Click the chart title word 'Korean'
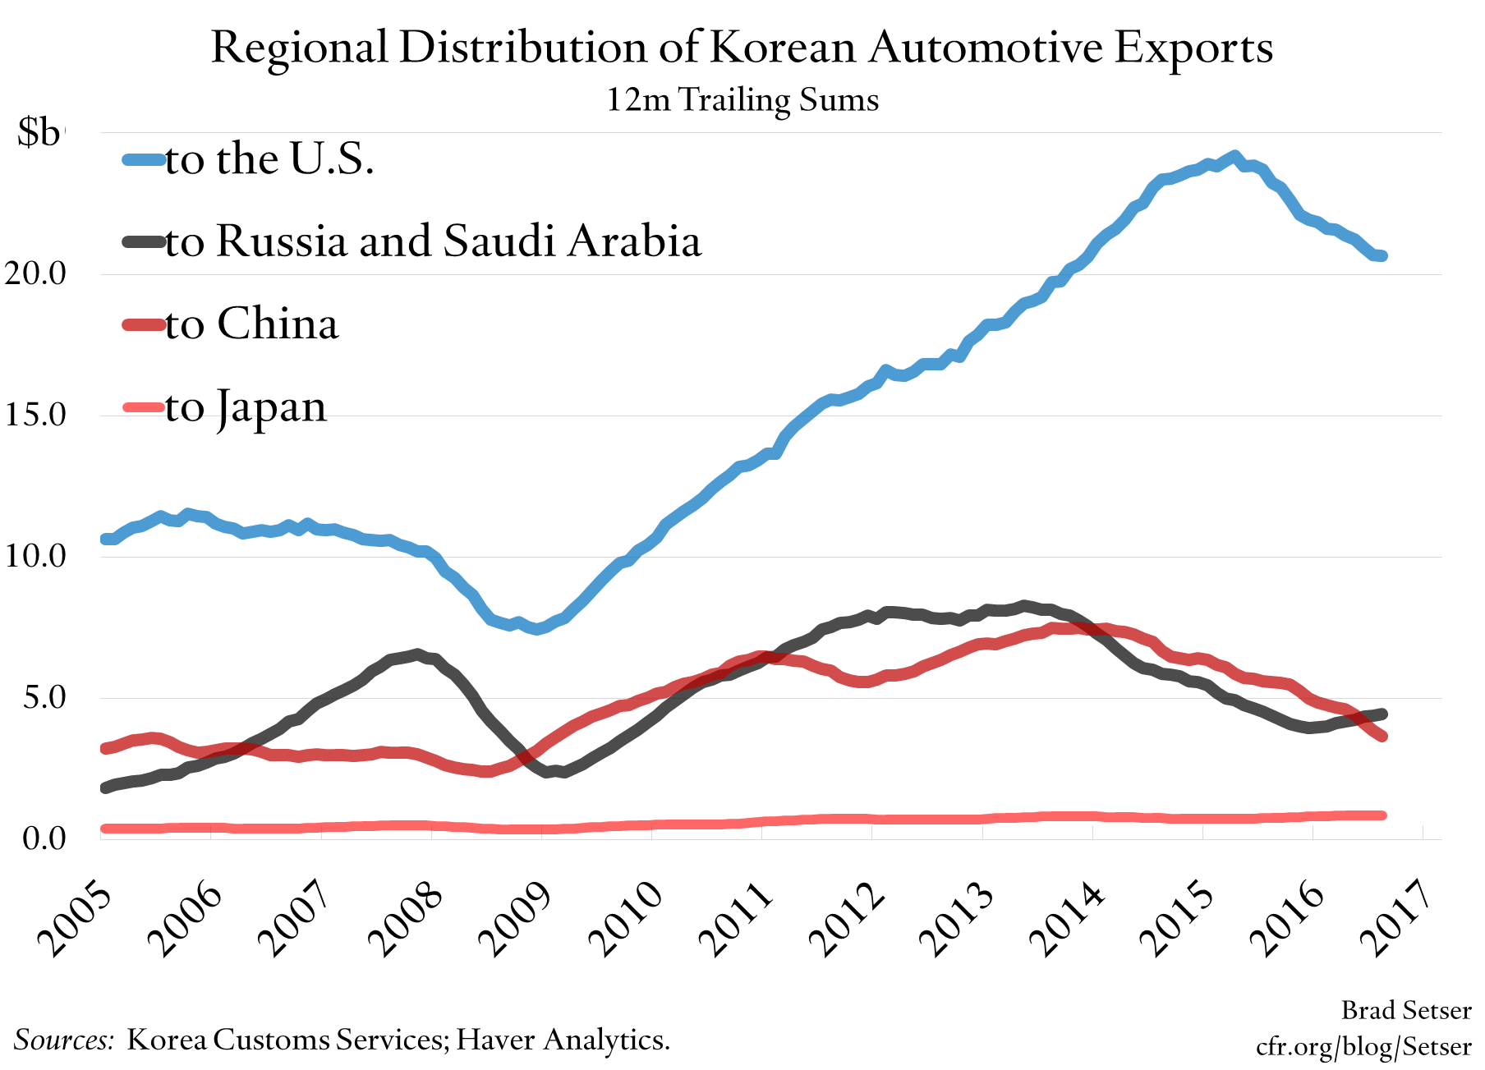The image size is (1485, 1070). [x=784, y=48]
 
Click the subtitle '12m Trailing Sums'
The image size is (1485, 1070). [x=742, y=100]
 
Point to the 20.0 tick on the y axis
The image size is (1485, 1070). [x=35, y=273]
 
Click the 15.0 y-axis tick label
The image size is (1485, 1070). [x=35, y=415]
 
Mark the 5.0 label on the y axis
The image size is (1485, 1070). [x=44, y=698]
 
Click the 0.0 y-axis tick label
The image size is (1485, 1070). [x=44, y=838]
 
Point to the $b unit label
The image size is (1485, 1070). [x=39, y=132]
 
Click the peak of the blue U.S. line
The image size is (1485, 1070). [x=1234, y=156]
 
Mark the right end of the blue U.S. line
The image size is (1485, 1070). [x=1382, y=256]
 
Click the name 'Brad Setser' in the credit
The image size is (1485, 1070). [x=1405, y=1010]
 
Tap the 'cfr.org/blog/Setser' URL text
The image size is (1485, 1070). [x=1363, y=1046]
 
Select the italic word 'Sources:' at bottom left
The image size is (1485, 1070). [x=64, y=1040]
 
